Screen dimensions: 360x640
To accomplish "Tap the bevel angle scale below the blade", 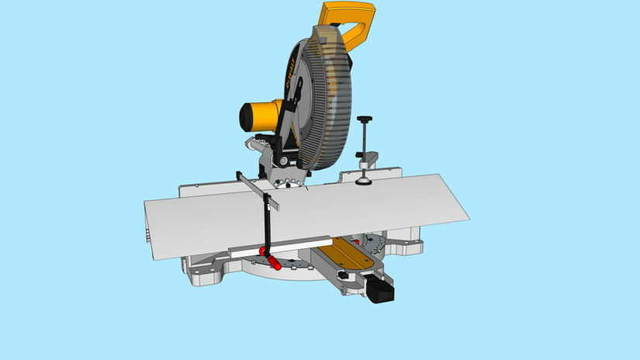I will [291, 183].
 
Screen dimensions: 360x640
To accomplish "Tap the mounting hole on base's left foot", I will [206, 272].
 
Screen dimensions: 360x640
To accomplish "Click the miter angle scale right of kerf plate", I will [376, 247].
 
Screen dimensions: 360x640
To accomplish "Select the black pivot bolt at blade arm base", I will [282, 160].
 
